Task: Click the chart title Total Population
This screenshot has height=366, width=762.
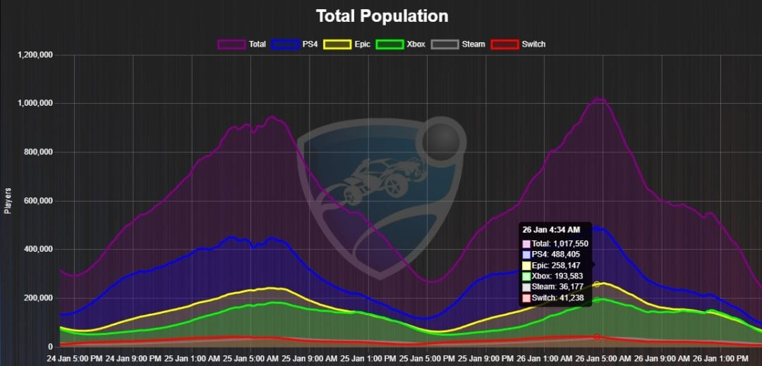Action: pyautogui.click(x=382, y=16)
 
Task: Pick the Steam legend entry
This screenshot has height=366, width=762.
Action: pyautogui.click(x=459, y=44)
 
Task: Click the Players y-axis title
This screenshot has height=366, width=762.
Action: pyautogui.click(x=8, y=200)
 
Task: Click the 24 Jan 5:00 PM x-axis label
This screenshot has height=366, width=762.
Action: pyautogui.click(x=73, y=358)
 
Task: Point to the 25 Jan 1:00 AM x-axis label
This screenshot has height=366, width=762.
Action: pyautogui.click(x=191, y=358)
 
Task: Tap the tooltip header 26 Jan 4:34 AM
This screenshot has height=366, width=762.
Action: pyautogui.click(x=551, y=230)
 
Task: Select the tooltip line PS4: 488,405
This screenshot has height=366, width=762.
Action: pyautogui.click(x=555, y=255)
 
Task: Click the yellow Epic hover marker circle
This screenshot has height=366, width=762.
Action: pyautogui.click(x=597, y=284)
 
